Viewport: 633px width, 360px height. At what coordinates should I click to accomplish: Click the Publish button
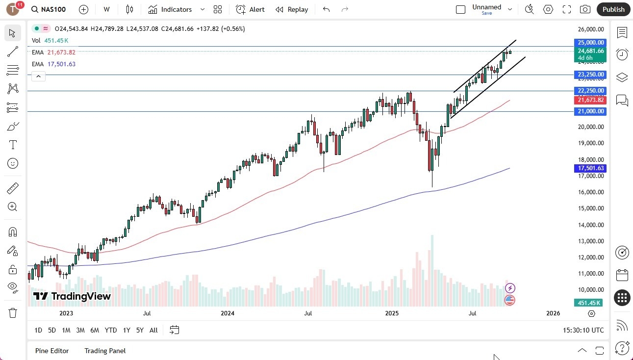click(x=613, y=9)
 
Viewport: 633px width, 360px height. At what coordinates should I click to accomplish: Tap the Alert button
click(x=250, y=9)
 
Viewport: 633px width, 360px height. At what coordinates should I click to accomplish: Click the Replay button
click(x=292, y=9)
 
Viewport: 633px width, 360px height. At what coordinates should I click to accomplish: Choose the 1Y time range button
click(x=127, y=330)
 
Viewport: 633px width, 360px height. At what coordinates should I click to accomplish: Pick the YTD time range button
click(x=111, y=330)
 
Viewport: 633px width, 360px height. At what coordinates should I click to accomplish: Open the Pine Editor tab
click(x=52, y=351)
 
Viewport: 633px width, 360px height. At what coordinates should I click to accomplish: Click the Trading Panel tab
click(x=105, y=351)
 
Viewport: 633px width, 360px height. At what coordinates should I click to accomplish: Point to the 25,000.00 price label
click(x=591, y=43)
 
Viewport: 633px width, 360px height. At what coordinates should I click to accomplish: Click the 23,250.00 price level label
click(x=591, y=75)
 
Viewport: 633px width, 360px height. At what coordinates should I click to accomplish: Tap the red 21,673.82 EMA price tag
click(x=591, y=100)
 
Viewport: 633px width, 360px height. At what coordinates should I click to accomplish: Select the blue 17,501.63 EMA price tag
click(x=591, y=168)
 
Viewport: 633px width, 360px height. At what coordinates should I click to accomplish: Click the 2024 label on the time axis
click(x=228, y=313)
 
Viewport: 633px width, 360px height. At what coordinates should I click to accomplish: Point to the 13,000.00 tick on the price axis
click(x=590, y=241)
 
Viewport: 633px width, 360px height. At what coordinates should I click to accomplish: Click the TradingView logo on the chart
click(x=72, y=296)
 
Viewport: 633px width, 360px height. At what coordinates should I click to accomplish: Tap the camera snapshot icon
click(x=585, y=9)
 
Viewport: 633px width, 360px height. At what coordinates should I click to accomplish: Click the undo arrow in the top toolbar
click(x=327, y=9)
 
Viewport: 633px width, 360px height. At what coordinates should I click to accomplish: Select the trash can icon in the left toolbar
click(x=13, y=312)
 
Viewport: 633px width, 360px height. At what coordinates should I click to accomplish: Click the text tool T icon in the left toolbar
click(x=13, y=145)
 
